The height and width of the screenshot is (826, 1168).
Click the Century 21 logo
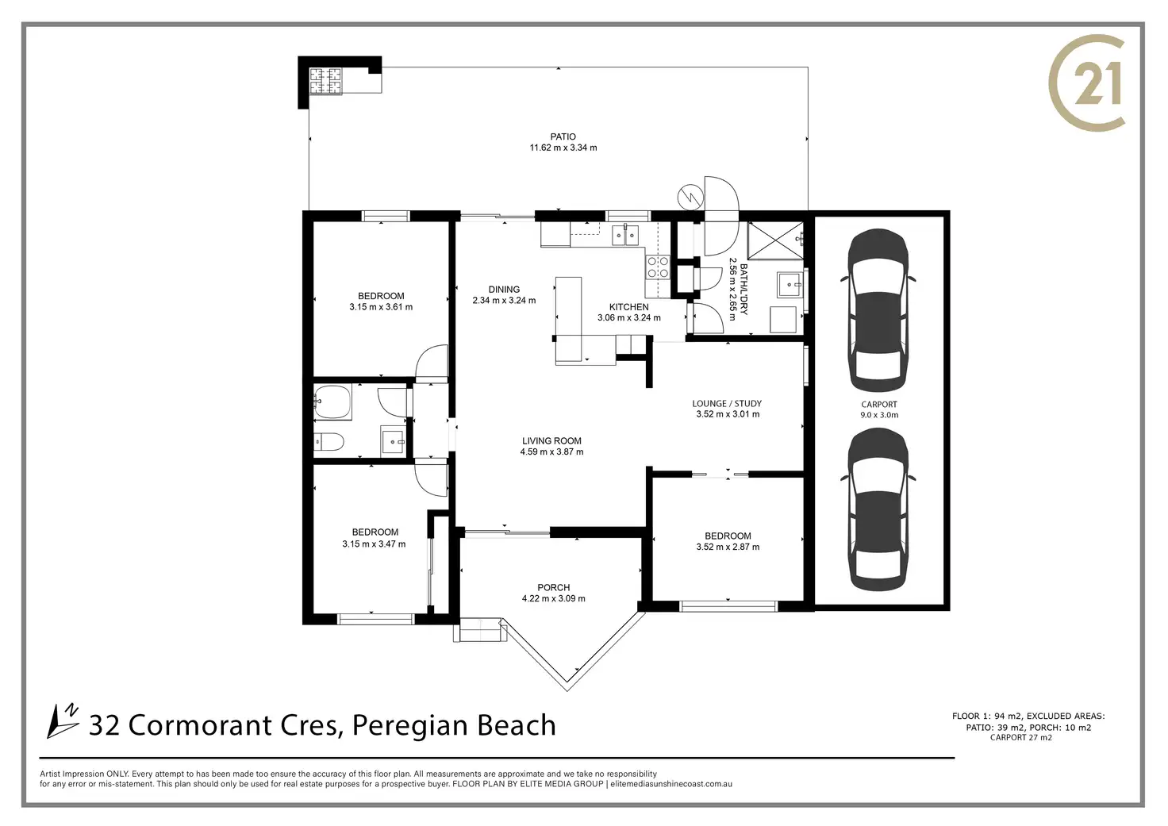tap(1085, 83)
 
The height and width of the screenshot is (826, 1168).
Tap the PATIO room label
tap(563, 136)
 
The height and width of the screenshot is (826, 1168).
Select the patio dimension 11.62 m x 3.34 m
tap(563, 148)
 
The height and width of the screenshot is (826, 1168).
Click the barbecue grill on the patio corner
tap(325, 82)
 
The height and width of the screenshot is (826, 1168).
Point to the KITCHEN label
tap(629, 307)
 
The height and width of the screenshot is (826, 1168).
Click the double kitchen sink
tap(624, 235)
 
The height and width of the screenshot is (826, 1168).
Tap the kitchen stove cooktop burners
tap(658, 267)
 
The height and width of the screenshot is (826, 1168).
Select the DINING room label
tap(504, 290)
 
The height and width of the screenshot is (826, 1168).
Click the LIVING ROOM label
tap(551, 440)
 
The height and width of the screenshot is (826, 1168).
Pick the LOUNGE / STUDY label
tap(727, 404)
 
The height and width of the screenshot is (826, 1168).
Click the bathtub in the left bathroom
tap(332, 402)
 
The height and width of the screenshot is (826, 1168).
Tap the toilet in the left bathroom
tap(328, 443)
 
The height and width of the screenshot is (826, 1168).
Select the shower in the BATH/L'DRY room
tap(776, 240)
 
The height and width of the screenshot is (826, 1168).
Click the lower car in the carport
tap(878, 509)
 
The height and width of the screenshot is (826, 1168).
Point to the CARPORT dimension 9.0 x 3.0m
tap(879, 415)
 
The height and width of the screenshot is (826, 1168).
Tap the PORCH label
tap(554, 587)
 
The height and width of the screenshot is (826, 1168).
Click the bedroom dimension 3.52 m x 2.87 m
tap(728, 547)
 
